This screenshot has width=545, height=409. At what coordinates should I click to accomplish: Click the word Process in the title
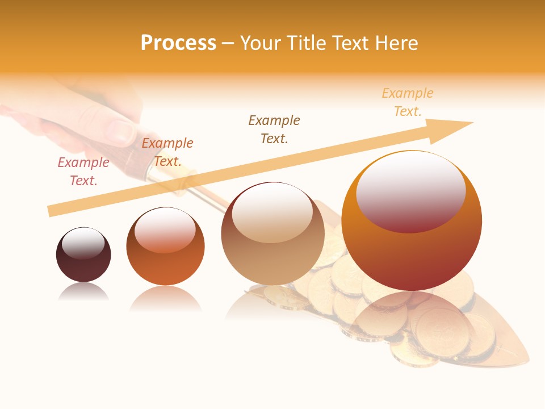[178, 43]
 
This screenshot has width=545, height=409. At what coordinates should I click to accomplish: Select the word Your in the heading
[260, 43]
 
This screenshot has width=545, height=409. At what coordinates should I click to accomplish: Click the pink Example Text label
[83, 172]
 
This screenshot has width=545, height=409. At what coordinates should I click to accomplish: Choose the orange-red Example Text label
[167, 152]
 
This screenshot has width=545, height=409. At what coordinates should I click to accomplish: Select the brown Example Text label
[274, 129]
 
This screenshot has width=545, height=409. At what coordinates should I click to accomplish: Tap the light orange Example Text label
[408, 102]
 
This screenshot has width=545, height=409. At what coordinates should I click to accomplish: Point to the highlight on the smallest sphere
[83, 242]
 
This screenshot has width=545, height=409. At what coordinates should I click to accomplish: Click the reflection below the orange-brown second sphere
[165, 298]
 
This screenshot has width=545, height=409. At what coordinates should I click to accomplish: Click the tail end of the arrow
[49, 211]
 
